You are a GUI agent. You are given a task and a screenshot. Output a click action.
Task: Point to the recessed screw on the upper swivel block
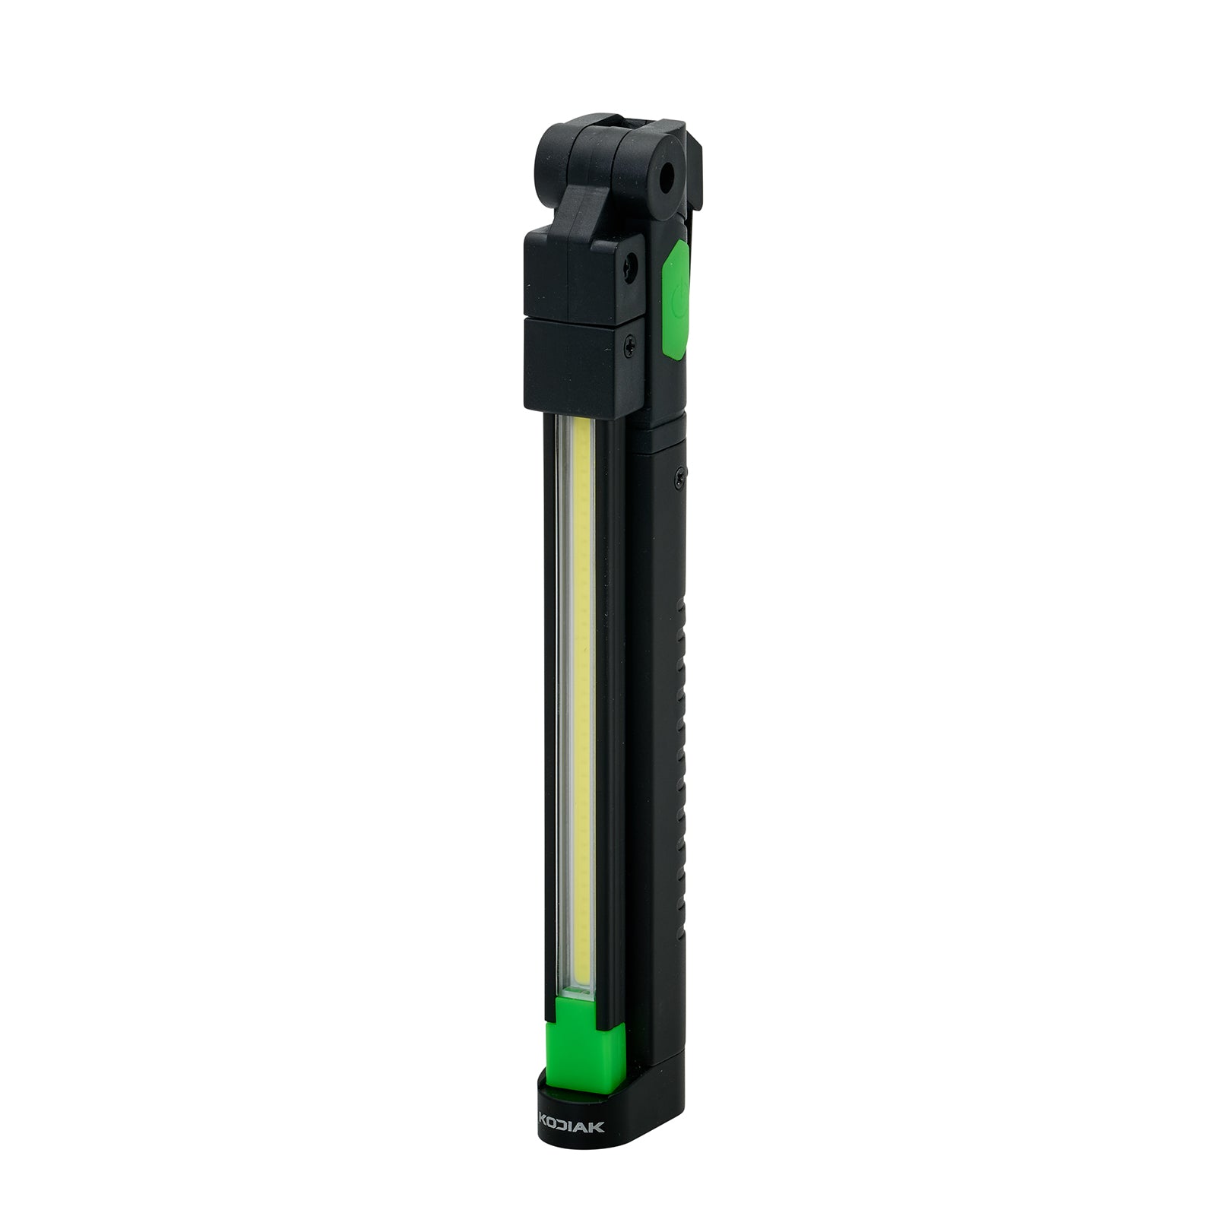630,265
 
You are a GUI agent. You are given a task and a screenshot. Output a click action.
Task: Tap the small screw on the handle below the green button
678,477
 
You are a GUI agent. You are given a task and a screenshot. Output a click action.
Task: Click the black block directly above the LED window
578,369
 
